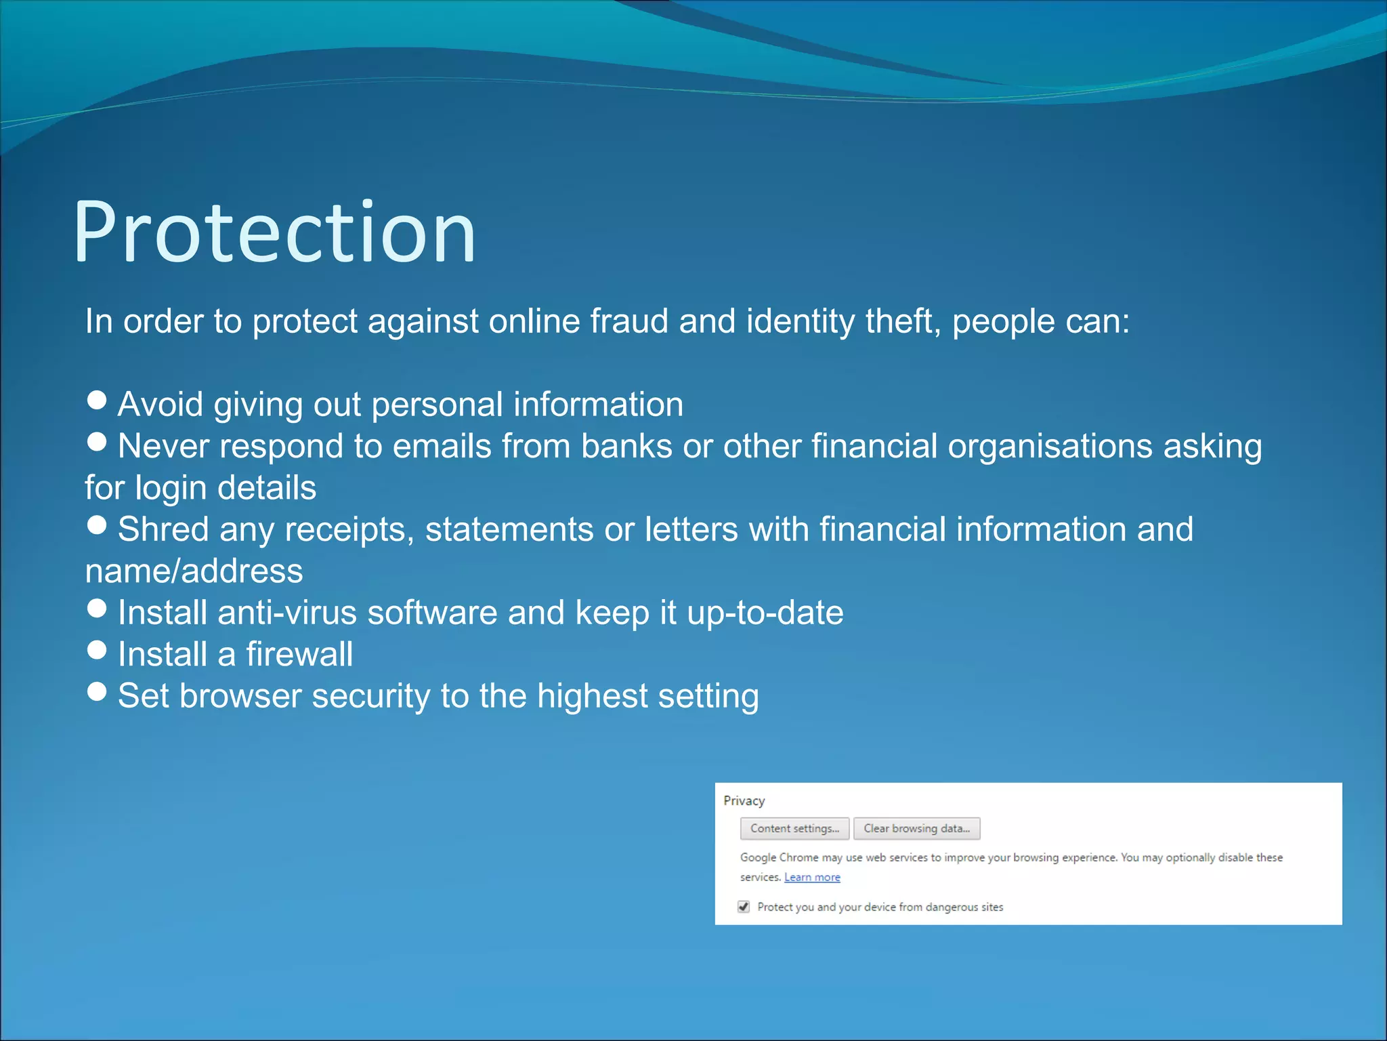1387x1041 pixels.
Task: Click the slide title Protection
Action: coord(274,232)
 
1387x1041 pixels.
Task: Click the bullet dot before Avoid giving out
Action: coord(98,400)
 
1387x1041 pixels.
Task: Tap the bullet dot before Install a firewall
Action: coord(98,650)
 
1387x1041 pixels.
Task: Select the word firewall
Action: coord(299,654)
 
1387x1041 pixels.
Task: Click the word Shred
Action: coord(163,529)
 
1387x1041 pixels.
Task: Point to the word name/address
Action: coord(194,571)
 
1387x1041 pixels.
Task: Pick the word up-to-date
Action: coord(765,613)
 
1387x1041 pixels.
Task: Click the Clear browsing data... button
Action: coord(916,828)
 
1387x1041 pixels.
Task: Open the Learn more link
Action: coord(812,877)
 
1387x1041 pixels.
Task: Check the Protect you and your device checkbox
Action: coord(744,907)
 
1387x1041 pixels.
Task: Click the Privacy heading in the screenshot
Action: coord(744,801)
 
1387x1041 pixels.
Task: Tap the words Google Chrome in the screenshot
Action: coord(779,857)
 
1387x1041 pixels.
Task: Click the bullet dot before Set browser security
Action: coord(98,691)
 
